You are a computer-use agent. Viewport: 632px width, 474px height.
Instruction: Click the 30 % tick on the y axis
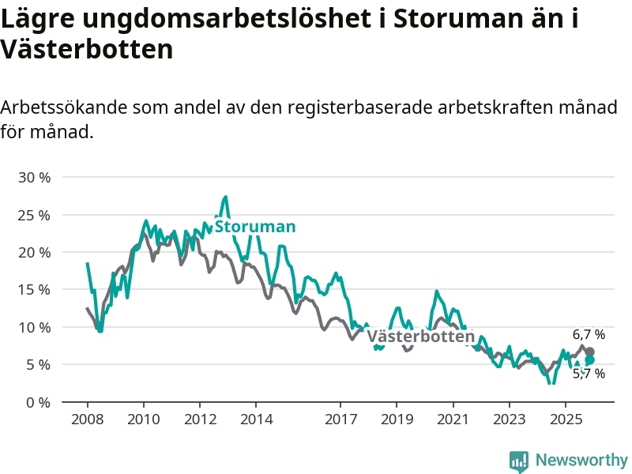(34, 177)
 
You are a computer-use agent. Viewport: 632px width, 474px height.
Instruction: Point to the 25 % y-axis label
(34, 215)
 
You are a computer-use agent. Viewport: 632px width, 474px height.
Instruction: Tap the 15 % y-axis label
(34, 289)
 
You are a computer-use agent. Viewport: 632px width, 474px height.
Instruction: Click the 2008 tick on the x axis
(87, 418)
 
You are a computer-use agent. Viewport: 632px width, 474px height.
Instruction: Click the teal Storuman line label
(255, 227)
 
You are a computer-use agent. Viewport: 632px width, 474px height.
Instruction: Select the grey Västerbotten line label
(421, 337)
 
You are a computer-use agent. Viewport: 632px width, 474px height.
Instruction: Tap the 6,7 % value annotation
(589, 335)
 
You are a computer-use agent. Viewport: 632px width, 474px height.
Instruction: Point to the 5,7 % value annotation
(589, 374)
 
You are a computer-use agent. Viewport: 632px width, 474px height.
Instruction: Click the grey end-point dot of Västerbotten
(589, 352)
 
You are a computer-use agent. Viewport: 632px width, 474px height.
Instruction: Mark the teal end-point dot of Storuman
(589, 360)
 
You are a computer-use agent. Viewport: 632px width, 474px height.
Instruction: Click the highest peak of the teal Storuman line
(226, 197)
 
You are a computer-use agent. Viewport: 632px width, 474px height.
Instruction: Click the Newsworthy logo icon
(519, 461)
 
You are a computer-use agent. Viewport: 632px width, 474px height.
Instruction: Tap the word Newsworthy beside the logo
(581, 460)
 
